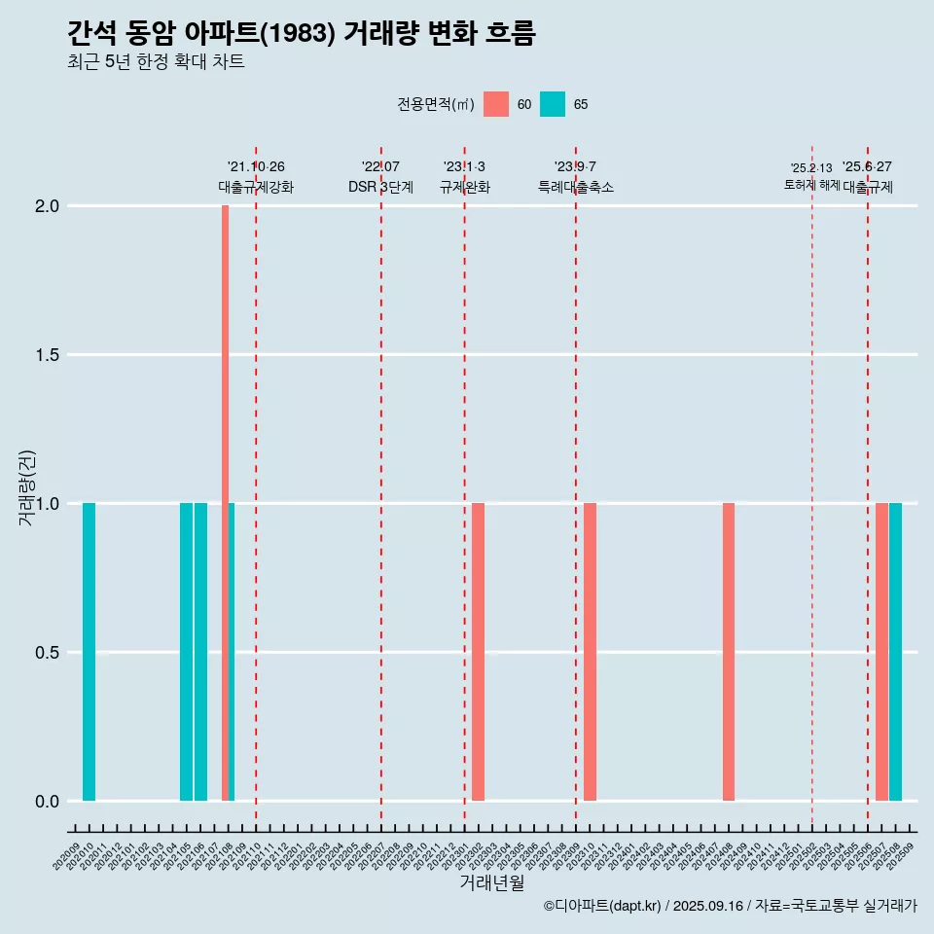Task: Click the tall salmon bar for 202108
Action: pyautogui.click(x=225, y=502)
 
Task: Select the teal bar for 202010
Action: pyautogui.click(x=89, y=652)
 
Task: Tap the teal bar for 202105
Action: pyautogui.click(x=186, y=652)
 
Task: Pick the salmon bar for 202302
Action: pyautogui.click(x=478, y=652)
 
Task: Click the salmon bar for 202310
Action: pyautogui.click(x=590, y=652)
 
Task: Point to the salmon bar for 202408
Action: pyautogui.click(x=729, y=652)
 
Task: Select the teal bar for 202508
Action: pyautogui.click(x=895, y=652)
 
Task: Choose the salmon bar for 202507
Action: pyautogui.click(x=881, y=652)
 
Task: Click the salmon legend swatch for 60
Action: pyautogui.click(x=496, y=104)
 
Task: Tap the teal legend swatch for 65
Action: pyautogui.click(x=553, y=104)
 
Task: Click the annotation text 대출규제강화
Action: pyautogui.click(x=256, y=187)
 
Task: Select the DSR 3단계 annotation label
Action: pyautogui.click(x=380, y=187)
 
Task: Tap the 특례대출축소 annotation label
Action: pyautogui.click(x=576, y=187)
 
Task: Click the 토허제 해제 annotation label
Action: pyautogui.click(x=811, y=185)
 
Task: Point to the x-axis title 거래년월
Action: pyautogui.click(x=491, y=883)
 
